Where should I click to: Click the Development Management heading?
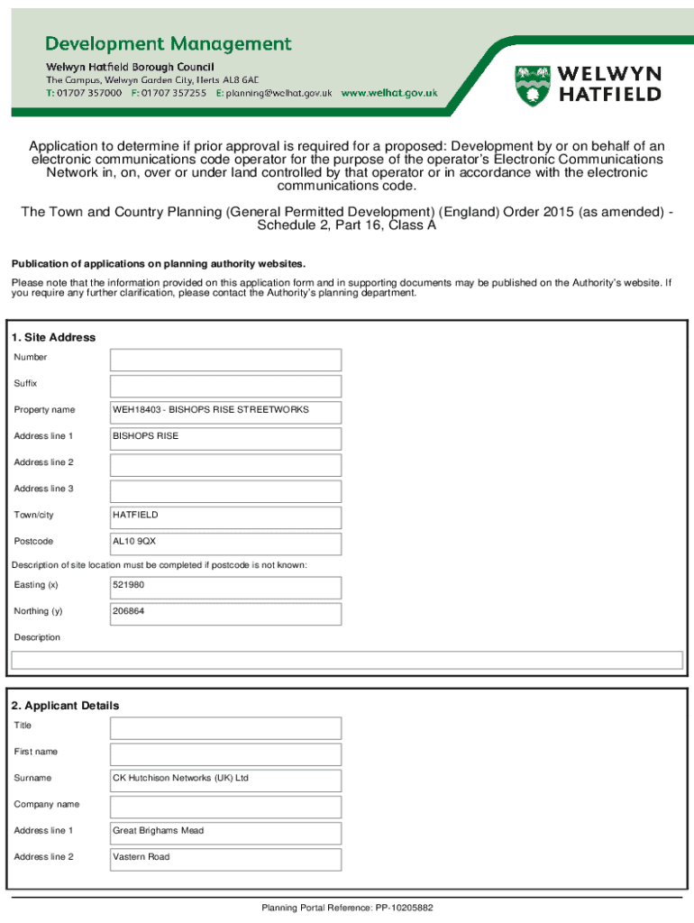tap(169, 44)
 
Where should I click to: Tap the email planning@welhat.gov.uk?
tap(279, 93)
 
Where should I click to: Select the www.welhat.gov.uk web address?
tap(389, 93)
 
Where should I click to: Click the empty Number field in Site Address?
tap(225, 360)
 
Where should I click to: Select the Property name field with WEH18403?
tap(225, 412)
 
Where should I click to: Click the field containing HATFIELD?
tap(225, 517)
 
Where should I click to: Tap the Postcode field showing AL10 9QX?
tap(225, 544)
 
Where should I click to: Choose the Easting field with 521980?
tap(225, 587)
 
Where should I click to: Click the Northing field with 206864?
tap(225, 613)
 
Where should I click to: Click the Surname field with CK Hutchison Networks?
tap(225, 780)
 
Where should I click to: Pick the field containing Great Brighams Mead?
tap(225, 833)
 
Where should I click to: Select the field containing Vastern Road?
tap(225, 859)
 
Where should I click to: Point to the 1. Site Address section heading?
tap(53, 337)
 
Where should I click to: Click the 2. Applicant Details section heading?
tap(65, 705)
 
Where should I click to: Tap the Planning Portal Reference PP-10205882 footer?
tap(347, 908)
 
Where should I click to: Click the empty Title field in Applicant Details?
tap(225, 727)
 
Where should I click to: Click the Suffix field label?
tap(25, 383)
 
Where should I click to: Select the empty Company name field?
tap(225, 806)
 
